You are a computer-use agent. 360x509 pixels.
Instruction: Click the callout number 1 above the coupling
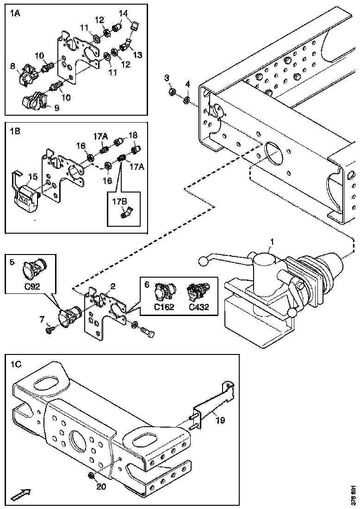(x=272, y=242)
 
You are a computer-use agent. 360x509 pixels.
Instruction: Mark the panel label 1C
(x=15, y=364)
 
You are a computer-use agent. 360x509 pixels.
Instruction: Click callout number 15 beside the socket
(x=33, y=176)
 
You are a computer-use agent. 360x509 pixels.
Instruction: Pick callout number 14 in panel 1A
(x=124, y=14)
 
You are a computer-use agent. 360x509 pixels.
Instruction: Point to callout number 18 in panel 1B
(x=133, y=135)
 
